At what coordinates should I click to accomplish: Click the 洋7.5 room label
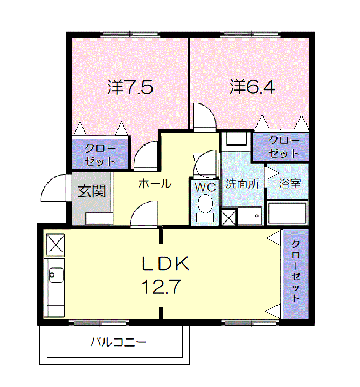[130, 87]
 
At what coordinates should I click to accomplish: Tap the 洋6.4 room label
[252, 87]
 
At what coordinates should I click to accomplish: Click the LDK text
[165, 264]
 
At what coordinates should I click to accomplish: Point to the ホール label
[155, 184]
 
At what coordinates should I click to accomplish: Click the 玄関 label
[91, 191]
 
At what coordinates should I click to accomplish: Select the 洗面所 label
[242, 183]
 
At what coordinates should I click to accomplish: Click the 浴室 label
[290, 183]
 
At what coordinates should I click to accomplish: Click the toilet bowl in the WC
[205, 205]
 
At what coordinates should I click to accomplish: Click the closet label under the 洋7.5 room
[100, 153]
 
